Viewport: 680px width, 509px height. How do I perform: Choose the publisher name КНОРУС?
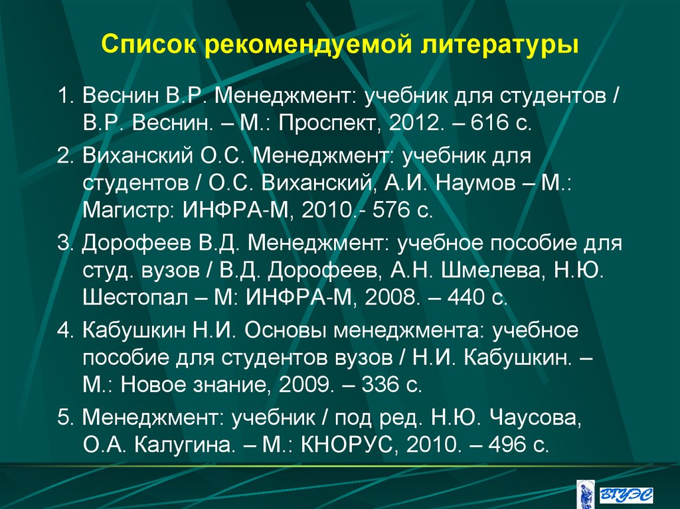pyautogui.click(x=348, y=445)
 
